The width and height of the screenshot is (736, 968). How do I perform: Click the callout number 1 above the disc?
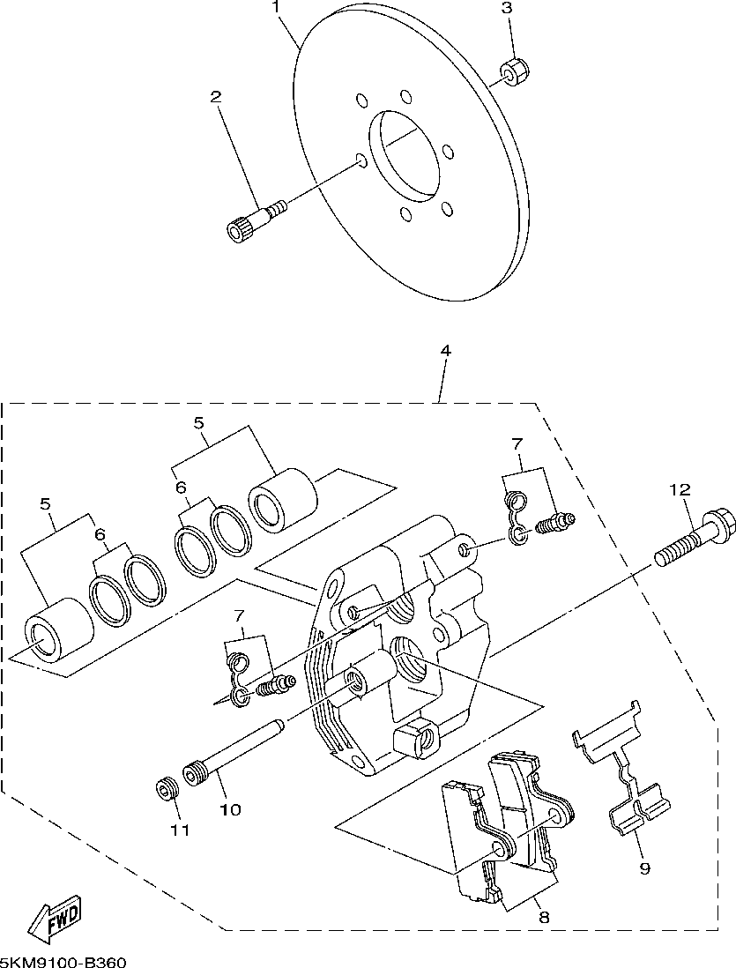click(278, 7)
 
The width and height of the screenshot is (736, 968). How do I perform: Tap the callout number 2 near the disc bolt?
click(216, 97)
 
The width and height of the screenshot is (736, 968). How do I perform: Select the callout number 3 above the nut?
click(506, 8)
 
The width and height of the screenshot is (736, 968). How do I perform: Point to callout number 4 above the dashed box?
click(445, 351)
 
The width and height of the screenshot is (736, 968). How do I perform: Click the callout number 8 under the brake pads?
click(543, 918)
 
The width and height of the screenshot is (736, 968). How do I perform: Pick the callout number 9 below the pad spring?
click(644, 869)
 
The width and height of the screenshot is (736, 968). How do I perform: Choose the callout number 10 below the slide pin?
click(230, 809)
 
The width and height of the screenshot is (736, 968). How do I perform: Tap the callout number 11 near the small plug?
click(180, 830)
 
